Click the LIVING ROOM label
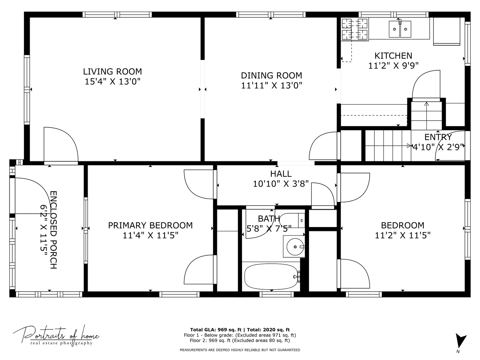pyautogui.click(x=112, y=72)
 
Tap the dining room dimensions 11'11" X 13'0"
pyautogui.click(x=271, y=86)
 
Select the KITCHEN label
pyautogui.click(x=393, y=56)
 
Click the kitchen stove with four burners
pyautogui.click(x=355, y=29)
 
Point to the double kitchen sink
pyautogui.click(x=400, y=29)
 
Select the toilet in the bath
pyautogui.click(x=292, y=220)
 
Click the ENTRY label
pyautogui.click(x=438, y=137)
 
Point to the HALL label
pyautogui.click(x=281, y=174)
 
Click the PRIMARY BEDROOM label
pyautogui.click(x=150, y=225)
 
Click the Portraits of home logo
pyautogui.click(x=56, y=335)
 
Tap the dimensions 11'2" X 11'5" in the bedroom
pyautogui.click(x=403, y=235)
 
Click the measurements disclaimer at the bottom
pyautogui.click(x=240, y=350)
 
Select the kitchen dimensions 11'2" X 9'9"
pyautogui.click(x=393, y=66)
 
